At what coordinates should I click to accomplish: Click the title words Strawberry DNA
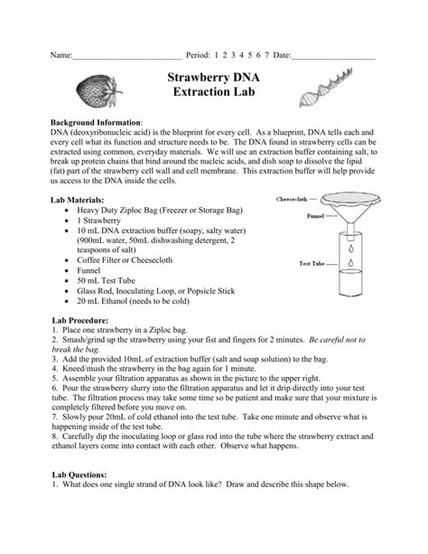click(214, 80)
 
